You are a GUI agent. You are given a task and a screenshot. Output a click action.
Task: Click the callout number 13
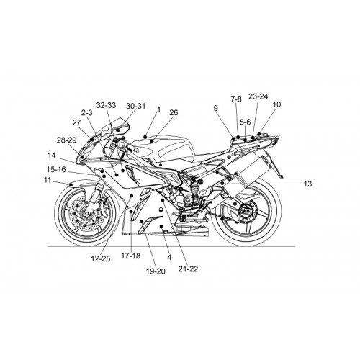pos(307,184)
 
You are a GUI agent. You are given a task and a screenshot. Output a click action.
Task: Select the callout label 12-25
pos(101,258)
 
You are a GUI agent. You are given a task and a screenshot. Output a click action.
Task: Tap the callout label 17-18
pos(131,256)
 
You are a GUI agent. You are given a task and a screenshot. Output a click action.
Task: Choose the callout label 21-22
pos(188,269)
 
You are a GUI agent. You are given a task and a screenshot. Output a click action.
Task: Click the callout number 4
pos(169,258)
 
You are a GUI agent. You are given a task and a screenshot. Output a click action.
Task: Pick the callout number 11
pos(48,180)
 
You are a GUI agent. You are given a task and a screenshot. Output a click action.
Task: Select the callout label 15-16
pos(56,169)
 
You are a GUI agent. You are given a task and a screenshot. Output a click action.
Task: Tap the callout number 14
pos(52,156)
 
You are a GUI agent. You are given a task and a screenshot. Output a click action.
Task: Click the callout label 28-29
pos(66,140)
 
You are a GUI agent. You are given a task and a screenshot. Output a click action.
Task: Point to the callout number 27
pos(76,122)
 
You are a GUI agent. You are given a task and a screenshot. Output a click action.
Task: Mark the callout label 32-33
pos(106,105)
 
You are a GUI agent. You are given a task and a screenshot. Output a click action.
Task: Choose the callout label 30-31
pos(136,106)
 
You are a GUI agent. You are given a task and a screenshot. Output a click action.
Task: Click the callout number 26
pos(174,112)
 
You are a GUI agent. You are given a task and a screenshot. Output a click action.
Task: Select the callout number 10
pos(276,104)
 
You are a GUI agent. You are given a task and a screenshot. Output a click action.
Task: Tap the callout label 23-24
pos(258,96)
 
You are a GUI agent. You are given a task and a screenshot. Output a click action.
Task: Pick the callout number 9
pos(216,108)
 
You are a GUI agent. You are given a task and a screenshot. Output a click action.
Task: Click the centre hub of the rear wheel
pos(246,211)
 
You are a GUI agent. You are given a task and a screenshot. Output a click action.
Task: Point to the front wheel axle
pos(88,213)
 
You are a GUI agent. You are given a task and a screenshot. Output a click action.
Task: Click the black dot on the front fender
pos(71,184)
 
